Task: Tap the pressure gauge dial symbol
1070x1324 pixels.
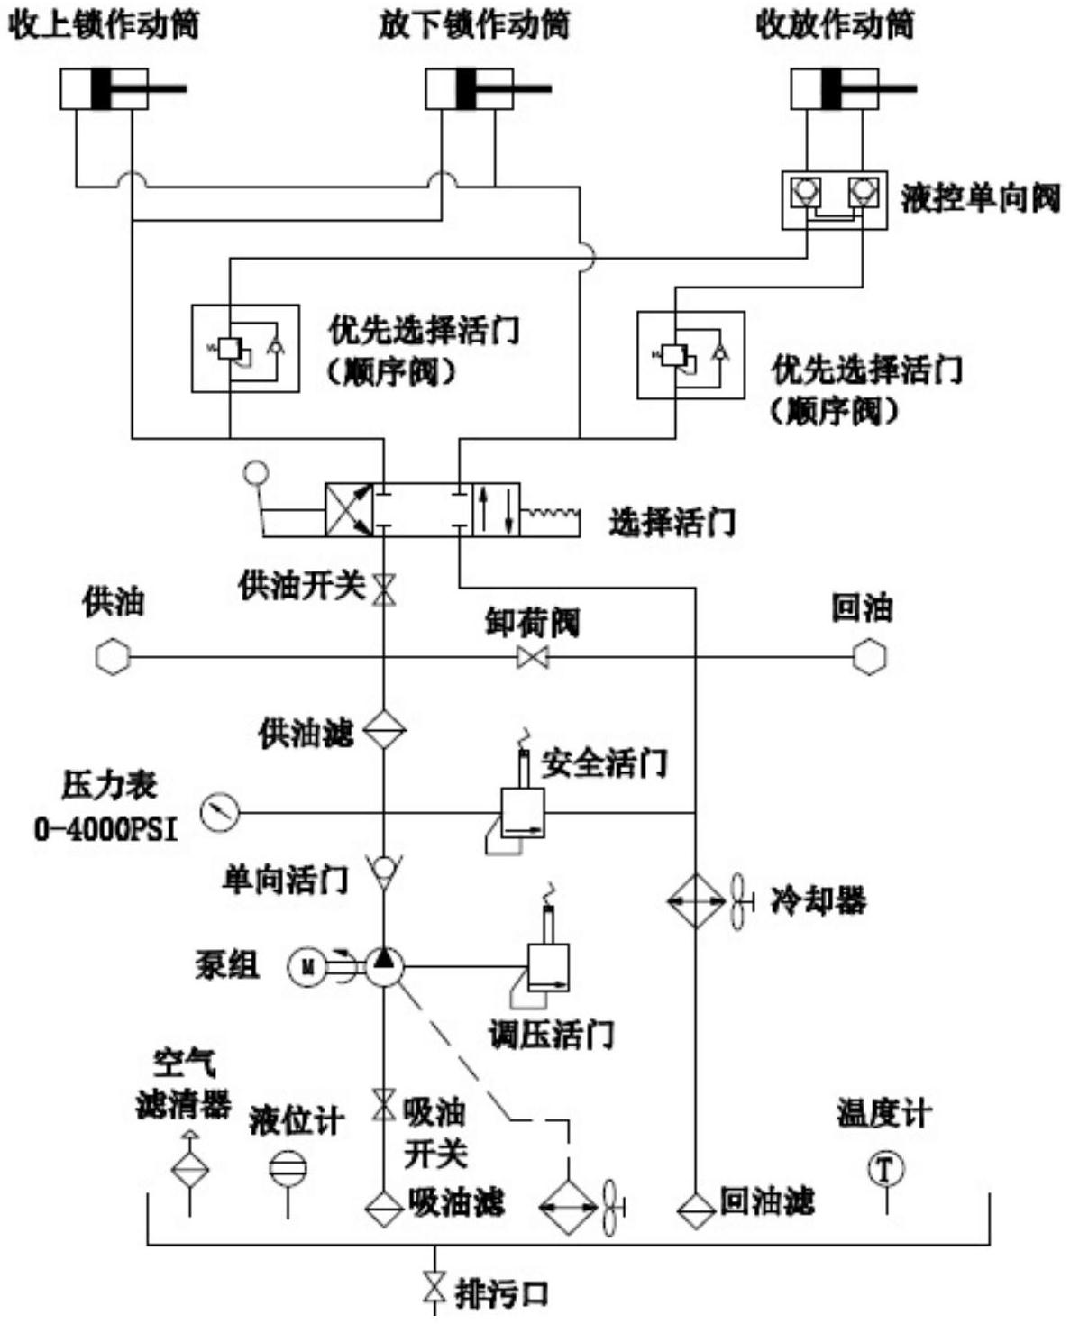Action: click(220, 812)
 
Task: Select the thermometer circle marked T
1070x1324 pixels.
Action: click(885, 1169)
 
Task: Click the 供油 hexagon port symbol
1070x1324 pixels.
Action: click(113, 657)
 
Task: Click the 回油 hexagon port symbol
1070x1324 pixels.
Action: click(869, 657)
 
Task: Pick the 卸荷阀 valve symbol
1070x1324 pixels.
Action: click(533, 657)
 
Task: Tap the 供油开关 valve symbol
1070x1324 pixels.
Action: click(384, 589)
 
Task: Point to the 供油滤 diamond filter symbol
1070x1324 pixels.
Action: click(384, 729)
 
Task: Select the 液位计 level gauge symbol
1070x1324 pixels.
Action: click(288, 1169)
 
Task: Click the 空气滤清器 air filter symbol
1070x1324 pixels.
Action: click(189, 1169)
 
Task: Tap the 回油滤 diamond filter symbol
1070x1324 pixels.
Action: click(695, 1208)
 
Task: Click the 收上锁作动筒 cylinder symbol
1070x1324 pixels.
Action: click(105, 89)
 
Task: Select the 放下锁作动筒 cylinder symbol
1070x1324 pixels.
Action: click(470, 89)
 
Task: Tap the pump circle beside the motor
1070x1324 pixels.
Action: click(384, 967)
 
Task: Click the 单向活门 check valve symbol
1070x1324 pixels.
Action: click(384, 870)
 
